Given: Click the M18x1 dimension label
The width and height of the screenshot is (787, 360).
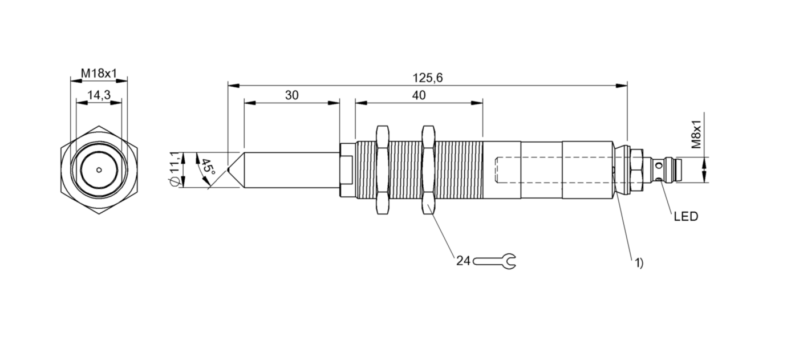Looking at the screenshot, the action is pos(99,74).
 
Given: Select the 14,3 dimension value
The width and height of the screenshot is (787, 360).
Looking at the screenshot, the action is pos(99,95).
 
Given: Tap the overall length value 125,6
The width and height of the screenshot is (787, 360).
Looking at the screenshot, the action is pos(427,78).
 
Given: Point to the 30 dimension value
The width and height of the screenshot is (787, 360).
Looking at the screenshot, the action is pos(291,95).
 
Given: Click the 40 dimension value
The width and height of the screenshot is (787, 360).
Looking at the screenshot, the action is pos(419,95).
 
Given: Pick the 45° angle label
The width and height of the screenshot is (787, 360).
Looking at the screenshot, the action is pos(208,169).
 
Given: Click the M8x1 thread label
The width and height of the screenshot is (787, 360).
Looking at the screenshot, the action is pos(696,134).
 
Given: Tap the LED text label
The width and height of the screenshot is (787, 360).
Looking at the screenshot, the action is pos(686,217).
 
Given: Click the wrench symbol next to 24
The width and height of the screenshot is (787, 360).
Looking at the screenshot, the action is pos(494,261).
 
